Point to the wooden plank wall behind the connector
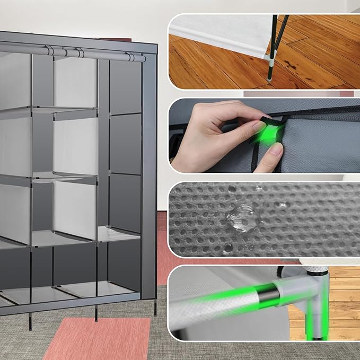[344, 297]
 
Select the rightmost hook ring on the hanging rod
[129, 56]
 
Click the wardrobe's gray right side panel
[149, 175]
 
